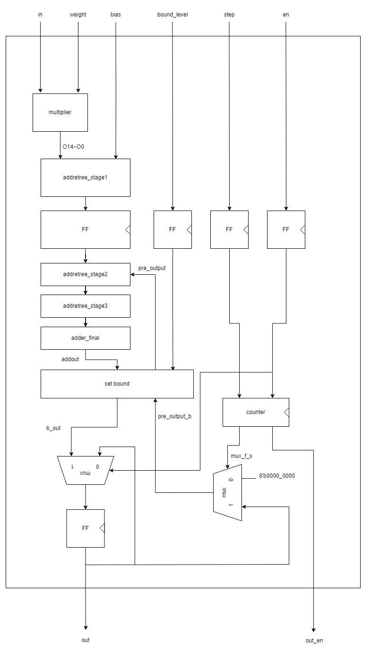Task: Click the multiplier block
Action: pyautogui.click(x=60, y=112)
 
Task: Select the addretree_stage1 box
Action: pyautogui.click(x=85, y=178)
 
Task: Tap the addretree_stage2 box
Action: pyautogui.click(x=85, y=274)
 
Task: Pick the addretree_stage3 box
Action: pyautogui.click(x=85, y=306)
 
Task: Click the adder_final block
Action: pyautogui.click(x=85, y=338)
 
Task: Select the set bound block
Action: pyautogui.click(x=117, y=384)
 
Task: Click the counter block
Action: pyautogui.click(x=255, y=412)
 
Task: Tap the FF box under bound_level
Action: pyautogui.click(x=173, y=229)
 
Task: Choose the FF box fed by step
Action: pyautogui.click(x=229, y=229)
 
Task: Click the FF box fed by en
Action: pyautogui.click(x=286, y=229)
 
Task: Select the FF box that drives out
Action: pyautogui.click(x=85, y=528)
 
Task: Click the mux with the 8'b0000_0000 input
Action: pyautogui.click(x=227, y=492)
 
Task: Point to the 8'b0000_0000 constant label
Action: pyautogui.click(x=276, y=476)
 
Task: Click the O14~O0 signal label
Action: pyautogui.click(x=73, y=147)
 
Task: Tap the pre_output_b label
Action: pyautogui.click(x=174, y=416)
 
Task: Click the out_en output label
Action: pyautogui.click(x=314, y=641)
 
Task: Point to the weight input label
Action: pyautogui.click(x=78, y=15)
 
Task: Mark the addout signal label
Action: pyautogui.click(x=70, y=359)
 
